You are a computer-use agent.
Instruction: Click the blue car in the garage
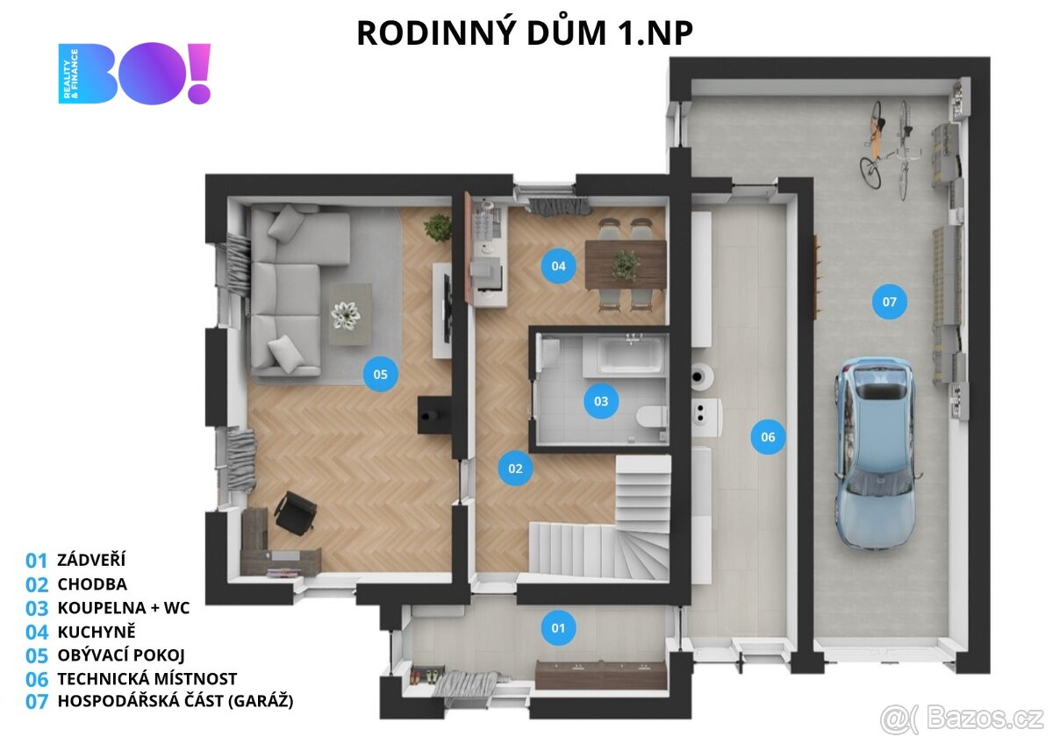[874, 452]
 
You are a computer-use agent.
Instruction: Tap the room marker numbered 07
[889, 302]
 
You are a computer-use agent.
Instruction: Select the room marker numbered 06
[768, 437]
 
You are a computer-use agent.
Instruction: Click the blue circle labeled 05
[380, 375]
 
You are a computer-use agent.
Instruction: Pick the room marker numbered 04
[558, 266]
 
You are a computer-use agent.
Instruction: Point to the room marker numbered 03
[601, 402]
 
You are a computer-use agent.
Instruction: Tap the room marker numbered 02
[515, 469]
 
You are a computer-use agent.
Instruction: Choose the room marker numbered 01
[558, 627]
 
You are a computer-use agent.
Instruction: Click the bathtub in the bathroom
[630, 354]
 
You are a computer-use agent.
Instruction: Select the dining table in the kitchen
[625, 263]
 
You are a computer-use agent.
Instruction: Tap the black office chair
[296, 512]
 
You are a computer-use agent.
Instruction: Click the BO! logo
[135, 74]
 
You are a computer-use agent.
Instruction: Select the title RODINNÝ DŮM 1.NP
[525, 32]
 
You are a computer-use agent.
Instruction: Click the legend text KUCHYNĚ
[97, 632]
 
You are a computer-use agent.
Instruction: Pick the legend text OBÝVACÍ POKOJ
[121, 655]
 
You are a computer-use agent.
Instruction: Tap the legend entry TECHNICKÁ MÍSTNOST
[147, 678]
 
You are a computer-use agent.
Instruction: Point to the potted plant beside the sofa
[438, 227]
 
